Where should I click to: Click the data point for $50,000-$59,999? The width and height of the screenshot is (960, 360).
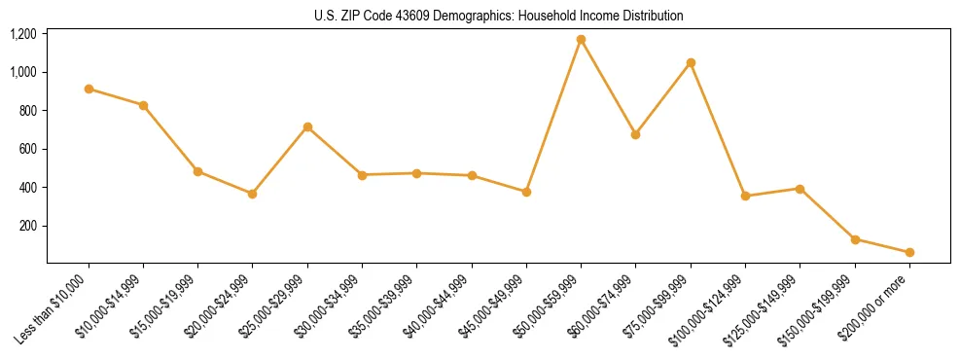tap(581, 40)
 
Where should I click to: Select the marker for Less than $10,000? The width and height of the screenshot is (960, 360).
tap(89, 89)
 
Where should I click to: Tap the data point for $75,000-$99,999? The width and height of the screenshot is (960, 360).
tap(691, 62)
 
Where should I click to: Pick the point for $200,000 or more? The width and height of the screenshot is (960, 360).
tap(909, 252)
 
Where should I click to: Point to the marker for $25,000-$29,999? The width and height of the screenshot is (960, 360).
tap(307, 126)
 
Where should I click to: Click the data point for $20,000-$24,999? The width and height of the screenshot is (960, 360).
tap(253, 194)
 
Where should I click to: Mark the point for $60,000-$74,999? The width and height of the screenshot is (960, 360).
tap(636, 134)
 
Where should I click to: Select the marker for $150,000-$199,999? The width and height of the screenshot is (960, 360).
tap(855, 239)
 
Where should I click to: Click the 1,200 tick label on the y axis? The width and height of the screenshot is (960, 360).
tap(22, 34)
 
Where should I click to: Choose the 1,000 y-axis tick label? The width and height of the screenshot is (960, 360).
tap(22, 72)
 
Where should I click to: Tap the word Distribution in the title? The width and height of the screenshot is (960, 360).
tap(650, 17)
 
